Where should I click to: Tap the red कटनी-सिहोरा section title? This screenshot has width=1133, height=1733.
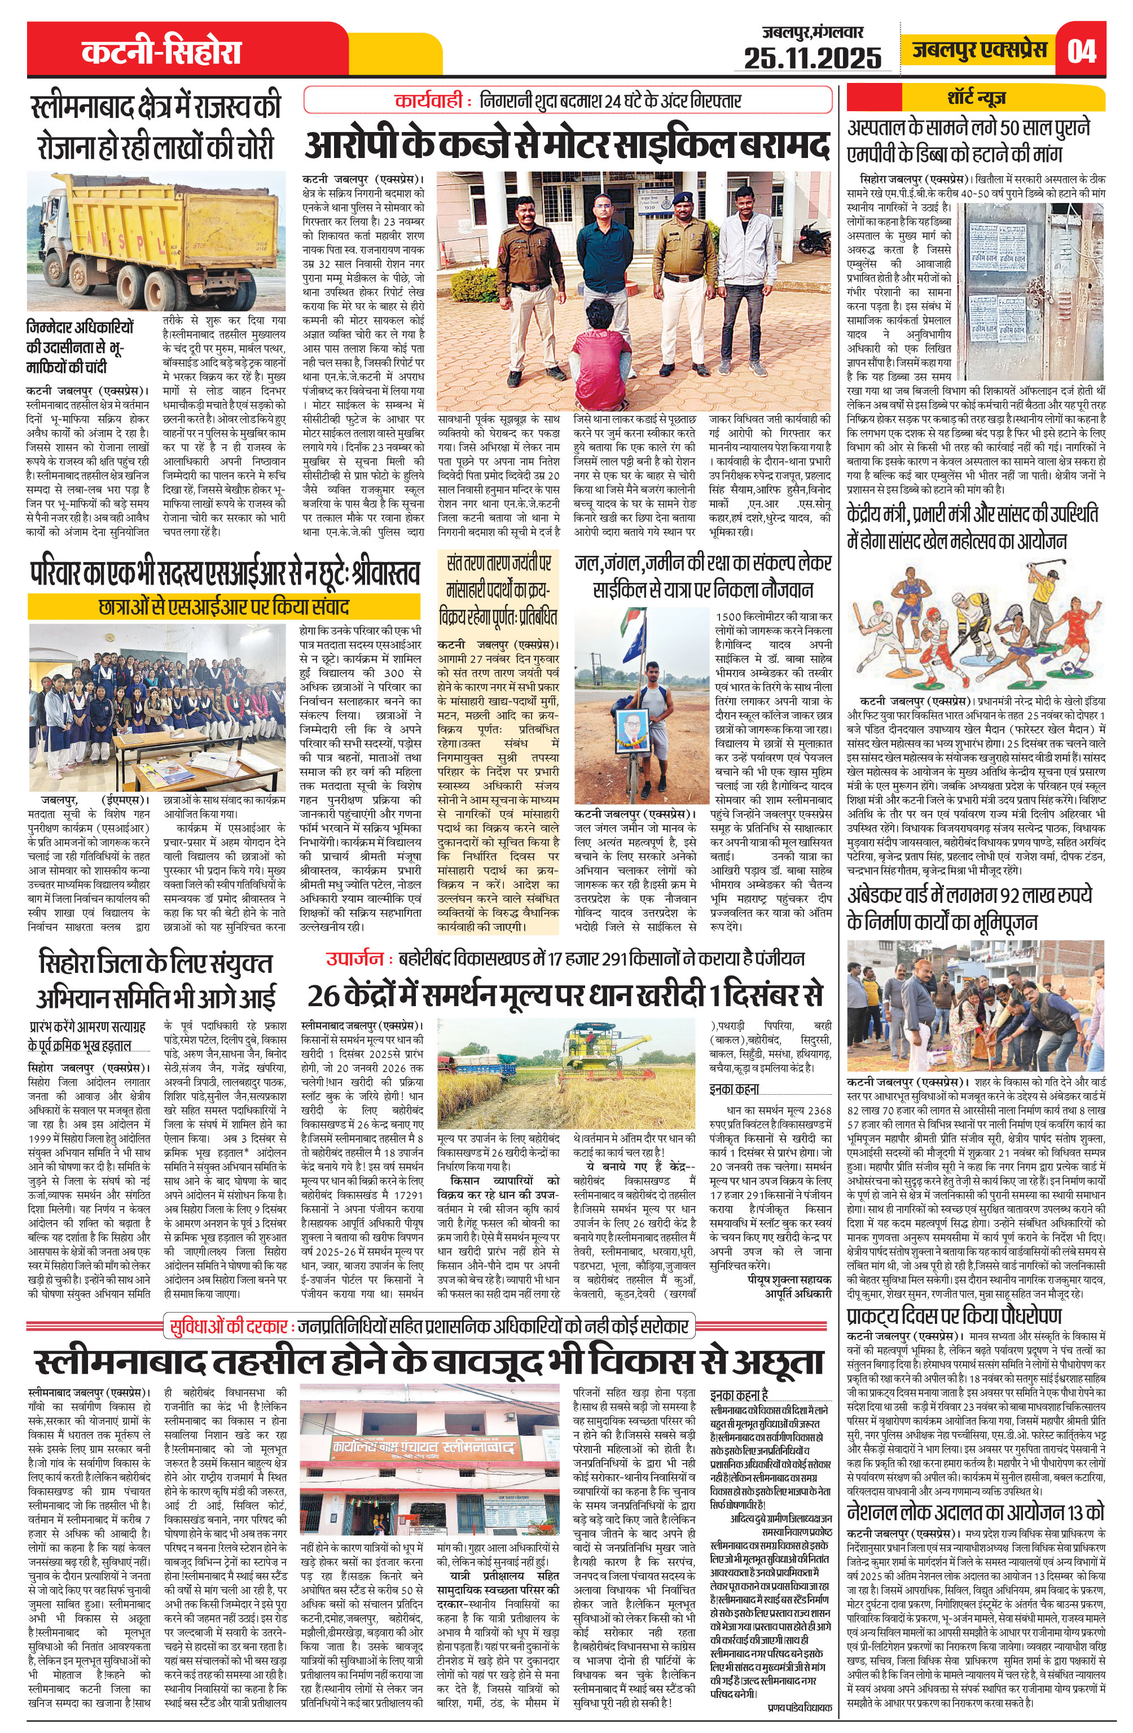(x=161, y=53)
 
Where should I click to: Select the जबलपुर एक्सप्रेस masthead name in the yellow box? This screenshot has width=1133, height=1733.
(x=980, y=50)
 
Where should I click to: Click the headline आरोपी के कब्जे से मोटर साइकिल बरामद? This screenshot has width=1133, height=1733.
(x=566, y=144)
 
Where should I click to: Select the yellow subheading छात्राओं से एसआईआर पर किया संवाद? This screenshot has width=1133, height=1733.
(x=223, y=607)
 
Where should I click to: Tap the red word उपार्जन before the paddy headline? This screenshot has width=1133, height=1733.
(x=354, y=958)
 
